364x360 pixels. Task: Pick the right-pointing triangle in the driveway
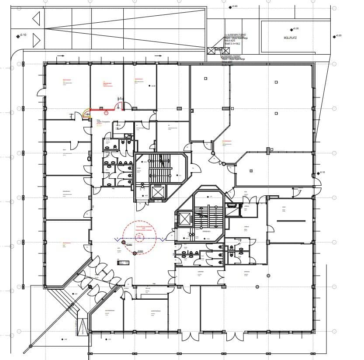36,40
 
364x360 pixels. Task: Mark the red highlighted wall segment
102,110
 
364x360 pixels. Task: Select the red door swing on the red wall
118,106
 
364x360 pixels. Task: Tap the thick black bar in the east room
291,221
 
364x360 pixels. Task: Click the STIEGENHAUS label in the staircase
205,231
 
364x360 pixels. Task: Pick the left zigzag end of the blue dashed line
117,239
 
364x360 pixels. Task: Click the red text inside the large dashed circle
144,228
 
